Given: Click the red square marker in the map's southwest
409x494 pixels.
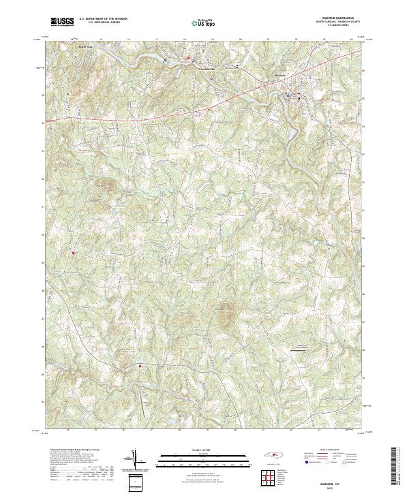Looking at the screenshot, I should click(x=140, y=367).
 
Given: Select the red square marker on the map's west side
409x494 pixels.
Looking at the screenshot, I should click(x=72, y=254).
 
